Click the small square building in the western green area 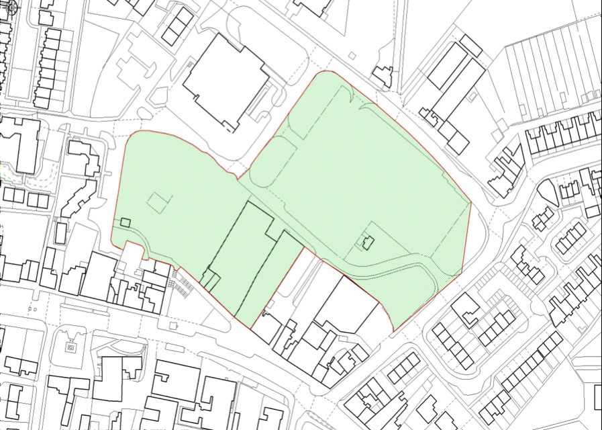[x=126, y=222]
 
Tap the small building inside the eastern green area [x=366, y=241]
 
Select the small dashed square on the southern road [x=174, y=326]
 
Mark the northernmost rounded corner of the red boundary [x=328, y=71]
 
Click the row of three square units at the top [x=178, y=26]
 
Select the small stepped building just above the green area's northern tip [x=383, y=76]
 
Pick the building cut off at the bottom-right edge [x=598, y=397]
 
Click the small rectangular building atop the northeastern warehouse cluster [x=470, y=46]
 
